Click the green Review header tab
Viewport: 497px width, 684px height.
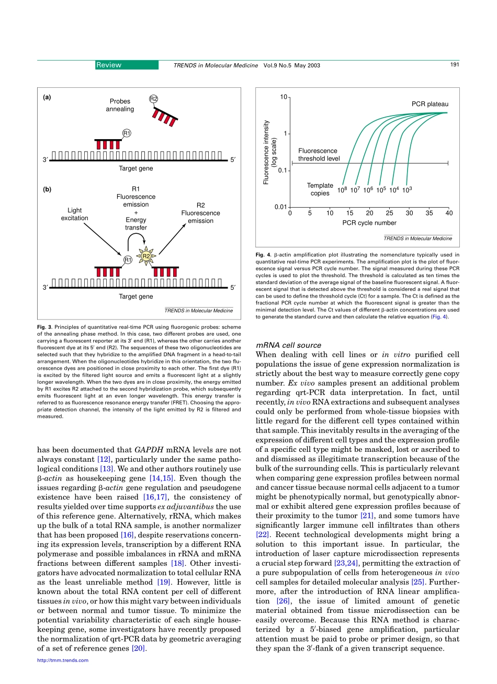(x=126, y=65)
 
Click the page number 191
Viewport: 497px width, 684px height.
(x=454, y=65)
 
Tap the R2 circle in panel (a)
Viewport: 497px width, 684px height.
(x=154, y=99)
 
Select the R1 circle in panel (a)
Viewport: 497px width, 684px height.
(x=127, y=133)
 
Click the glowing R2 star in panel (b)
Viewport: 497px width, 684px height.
(x=146, y=256)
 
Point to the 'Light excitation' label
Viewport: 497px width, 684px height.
(x=74, y=214)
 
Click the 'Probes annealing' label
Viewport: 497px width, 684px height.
(x=120, y=105)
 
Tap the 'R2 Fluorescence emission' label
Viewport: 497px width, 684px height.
(x=200, y=213)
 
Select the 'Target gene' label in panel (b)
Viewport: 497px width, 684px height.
(x=135, y=297)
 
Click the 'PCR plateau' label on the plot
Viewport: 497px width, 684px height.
(x=430, y=104)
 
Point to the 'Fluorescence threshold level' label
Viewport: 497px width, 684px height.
(x=319, y=154)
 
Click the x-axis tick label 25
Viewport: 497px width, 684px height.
(x=389, y=213)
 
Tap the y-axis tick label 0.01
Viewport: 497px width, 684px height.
(x=280, y=207)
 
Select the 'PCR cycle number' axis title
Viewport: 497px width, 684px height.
(x=369, y=223)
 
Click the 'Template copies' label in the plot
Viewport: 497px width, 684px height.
(x=320, y=189)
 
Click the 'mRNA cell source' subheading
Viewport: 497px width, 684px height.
(x=288, y=345)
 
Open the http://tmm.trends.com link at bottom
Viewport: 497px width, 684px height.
(x=63, y=660)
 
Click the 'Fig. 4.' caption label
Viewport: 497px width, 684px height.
(x=263, y=255)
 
